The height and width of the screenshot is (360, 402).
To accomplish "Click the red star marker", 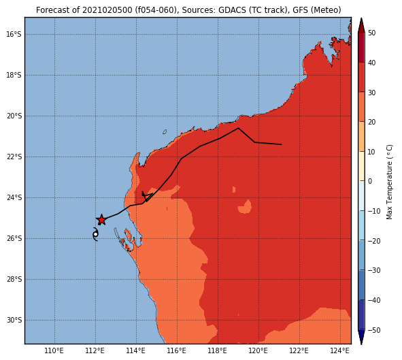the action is pos(101,220).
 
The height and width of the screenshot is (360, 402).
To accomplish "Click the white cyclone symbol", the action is pos(95,234).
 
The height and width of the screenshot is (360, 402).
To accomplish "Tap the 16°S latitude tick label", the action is pos(14,34).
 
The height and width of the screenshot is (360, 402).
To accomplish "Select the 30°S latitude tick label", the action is pos(14,321).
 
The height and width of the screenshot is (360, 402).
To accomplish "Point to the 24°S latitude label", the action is pos(14,197).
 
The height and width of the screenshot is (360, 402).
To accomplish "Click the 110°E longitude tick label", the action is pos(54,350).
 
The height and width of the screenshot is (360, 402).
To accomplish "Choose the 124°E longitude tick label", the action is pos(340,350).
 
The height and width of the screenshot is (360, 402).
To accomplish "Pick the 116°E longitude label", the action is pos(177,350).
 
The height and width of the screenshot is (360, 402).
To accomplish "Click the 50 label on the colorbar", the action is pos(371,33).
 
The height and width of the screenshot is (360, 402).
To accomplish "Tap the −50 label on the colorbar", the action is pos(374,330).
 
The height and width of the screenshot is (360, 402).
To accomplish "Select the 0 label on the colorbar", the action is pos(370,181).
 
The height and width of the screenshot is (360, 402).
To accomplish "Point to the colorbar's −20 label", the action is pos(374,241).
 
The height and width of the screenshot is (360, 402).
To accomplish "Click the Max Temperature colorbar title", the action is pos(389,182).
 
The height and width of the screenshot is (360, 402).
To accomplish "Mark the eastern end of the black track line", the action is pos(282,144).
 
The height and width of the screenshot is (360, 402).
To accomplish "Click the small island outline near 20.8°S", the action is pos(165,131).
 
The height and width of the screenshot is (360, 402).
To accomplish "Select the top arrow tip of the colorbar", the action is pos(361,18).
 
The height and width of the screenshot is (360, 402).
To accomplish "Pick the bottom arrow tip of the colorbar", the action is pos(361,344).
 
